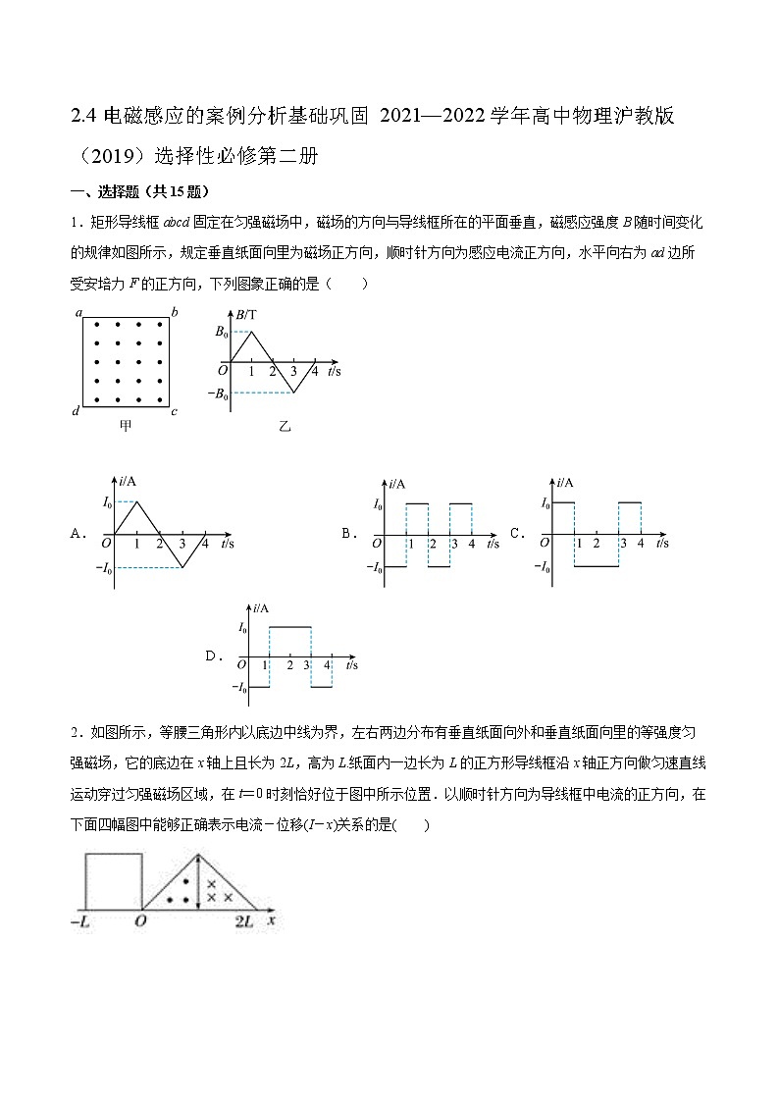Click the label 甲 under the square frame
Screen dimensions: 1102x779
(x=125, y=426)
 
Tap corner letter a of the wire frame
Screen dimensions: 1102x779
(x=78, y=313)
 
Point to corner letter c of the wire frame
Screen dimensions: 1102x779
(x=174, y=411)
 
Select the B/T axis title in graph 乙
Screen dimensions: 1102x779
(x=246, y=313)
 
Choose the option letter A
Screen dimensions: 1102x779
(x=78, y=534)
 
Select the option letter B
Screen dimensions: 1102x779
(x=346, y=534)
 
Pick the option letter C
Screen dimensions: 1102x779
(x=514, y=534)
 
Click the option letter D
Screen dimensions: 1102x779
(x=211, y=655)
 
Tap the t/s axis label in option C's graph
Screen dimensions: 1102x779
(x=662, y=542)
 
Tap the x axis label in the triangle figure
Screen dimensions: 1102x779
(x=271, y=920)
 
